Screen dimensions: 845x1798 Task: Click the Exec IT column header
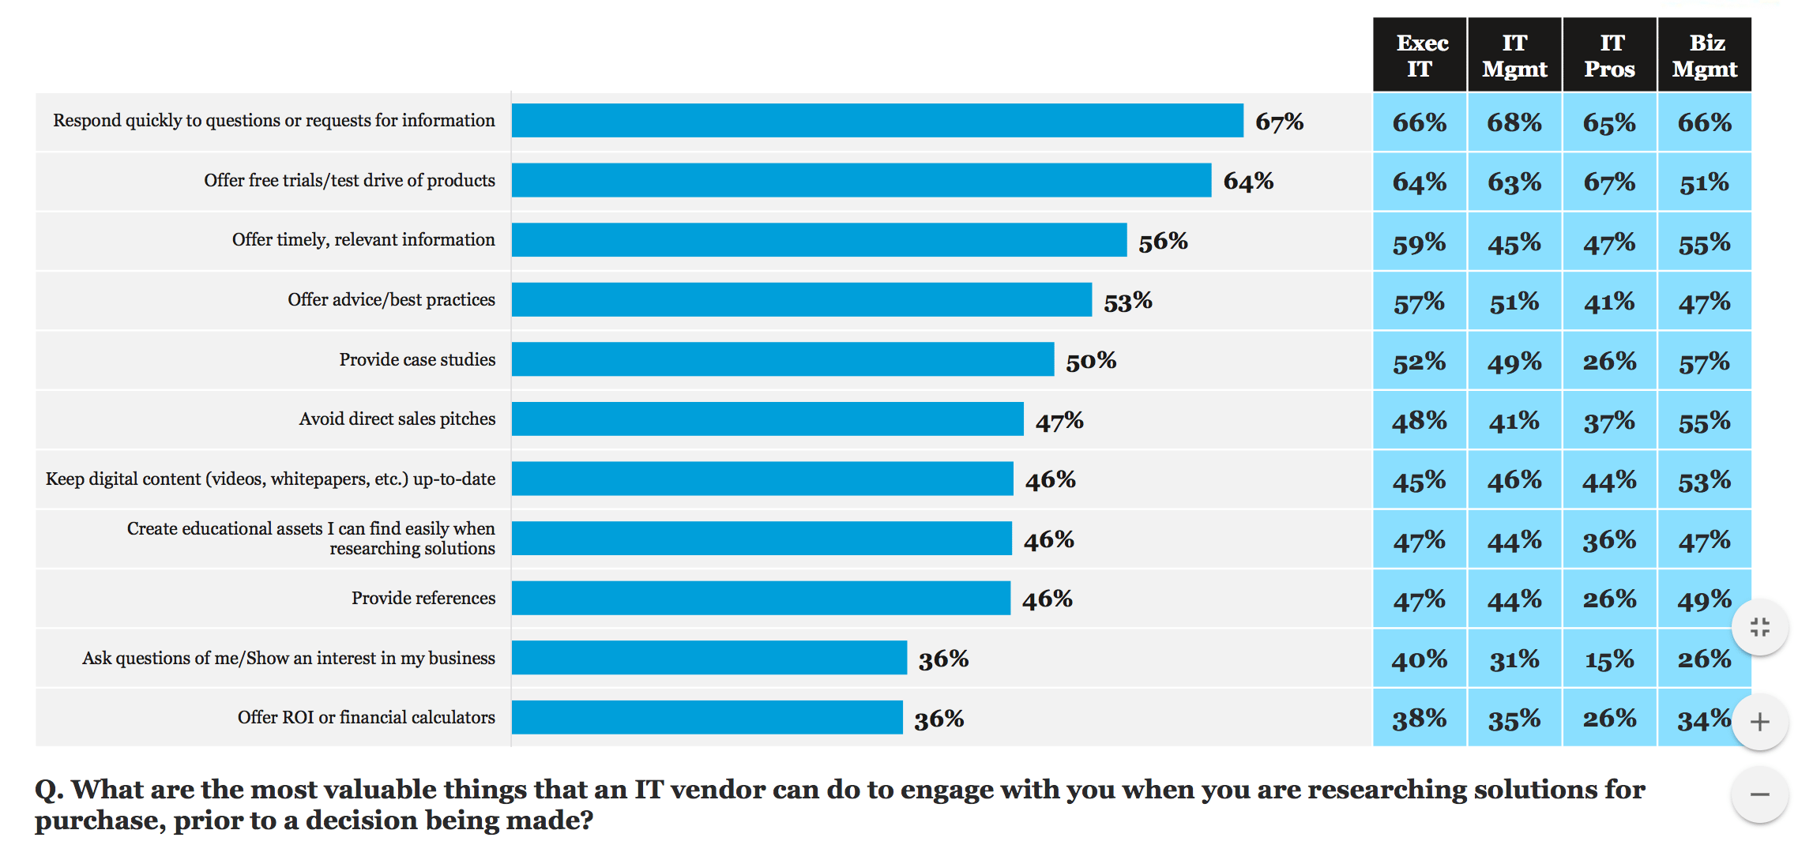pos(1420,55)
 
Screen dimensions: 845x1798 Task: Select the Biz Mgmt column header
pos(1704,55)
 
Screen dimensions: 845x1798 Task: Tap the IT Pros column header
pos(1609,55)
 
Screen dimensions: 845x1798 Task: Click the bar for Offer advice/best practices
pos(801,300)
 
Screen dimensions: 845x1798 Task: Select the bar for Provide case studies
pos(782,359)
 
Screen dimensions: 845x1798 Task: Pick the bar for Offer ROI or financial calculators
pos(707,717)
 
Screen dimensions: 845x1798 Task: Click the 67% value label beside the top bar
pos(1279,122)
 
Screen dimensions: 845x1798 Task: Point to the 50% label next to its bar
pos(1090,361)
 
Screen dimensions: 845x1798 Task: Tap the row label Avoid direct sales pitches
pos(397,419)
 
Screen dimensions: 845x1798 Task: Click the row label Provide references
pos(423,599)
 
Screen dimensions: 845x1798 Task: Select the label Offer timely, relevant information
pos(363,240)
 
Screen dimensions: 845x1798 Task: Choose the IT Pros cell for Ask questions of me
pos(1609,659)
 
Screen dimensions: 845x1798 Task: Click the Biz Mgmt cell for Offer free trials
pos(1704,182)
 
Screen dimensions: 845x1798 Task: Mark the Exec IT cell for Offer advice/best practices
pos(1420,302)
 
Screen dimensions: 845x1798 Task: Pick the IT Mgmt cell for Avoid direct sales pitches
pos(1514,421)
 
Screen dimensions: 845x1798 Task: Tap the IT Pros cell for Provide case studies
pos(1609,361)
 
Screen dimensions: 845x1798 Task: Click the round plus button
pos(1759,722)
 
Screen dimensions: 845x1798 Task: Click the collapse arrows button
pos(1759,628)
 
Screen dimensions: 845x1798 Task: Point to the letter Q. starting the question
pos(48,790)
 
